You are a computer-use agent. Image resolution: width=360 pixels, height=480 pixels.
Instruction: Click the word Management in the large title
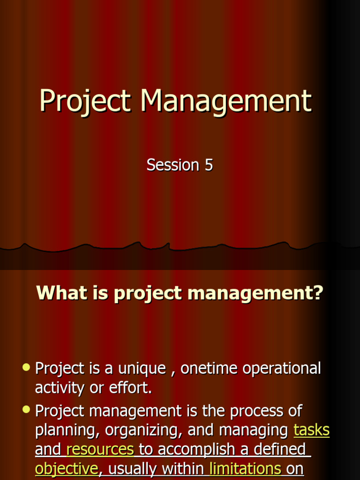click(226, 100)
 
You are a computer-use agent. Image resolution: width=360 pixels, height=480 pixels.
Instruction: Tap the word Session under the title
click(172, 165)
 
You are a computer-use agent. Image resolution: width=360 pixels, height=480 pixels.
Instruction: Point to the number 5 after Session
click(208, 165)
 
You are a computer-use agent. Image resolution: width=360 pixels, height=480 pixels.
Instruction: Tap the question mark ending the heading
click(318, 293)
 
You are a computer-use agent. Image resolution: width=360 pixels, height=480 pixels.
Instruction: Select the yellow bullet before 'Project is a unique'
click(26, 367)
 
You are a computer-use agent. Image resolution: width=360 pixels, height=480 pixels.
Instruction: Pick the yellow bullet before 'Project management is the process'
click(26, 410)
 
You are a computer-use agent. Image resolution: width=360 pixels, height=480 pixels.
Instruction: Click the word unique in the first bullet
click(142, 368)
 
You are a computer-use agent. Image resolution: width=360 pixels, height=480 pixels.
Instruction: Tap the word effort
click(134, 388)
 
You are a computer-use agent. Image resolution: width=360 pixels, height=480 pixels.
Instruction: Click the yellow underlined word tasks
click(311, 430)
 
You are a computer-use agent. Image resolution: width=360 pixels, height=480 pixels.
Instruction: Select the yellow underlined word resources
click(100, 450)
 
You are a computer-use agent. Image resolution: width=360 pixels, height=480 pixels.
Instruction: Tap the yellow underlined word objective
click(67, 469)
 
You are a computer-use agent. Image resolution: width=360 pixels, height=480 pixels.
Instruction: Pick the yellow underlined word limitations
click(245, 469)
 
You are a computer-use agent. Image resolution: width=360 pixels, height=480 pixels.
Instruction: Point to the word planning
click(67, 430)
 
